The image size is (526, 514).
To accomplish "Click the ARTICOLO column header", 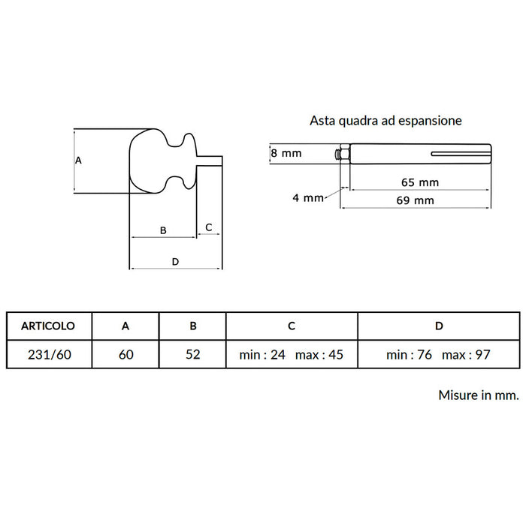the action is pos(48,326).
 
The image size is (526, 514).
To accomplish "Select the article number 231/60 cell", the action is pos(50,354).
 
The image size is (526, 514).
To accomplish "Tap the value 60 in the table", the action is pos(125,354).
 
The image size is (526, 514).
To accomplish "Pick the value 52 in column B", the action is pos(193,354).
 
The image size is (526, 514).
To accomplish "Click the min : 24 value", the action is pos(262,354).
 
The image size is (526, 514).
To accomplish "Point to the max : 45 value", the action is pos(319,354).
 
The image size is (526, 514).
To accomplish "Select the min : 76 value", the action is pos(409,354).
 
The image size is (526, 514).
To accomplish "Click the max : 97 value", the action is pos(467,354).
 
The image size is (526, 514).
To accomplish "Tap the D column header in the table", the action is pos(439,326).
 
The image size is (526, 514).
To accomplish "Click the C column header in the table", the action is pos(292,326).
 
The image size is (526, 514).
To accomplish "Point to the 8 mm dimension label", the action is pos(286,153).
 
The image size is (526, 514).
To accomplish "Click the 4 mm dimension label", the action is pos(308,197).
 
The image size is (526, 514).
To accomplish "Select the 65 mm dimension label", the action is pos(420,182).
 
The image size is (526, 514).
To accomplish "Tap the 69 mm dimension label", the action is pos(416,200).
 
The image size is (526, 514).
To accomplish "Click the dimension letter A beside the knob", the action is pos(78,160).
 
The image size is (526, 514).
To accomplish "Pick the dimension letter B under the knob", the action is pos(163,230).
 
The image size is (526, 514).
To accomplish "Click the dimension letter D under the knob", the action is pos(175,262).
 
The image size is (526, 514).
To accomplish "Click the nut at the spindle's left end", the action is pos(344,154).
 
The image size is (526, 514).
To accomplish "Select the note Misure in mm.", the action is pos(479,395).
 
